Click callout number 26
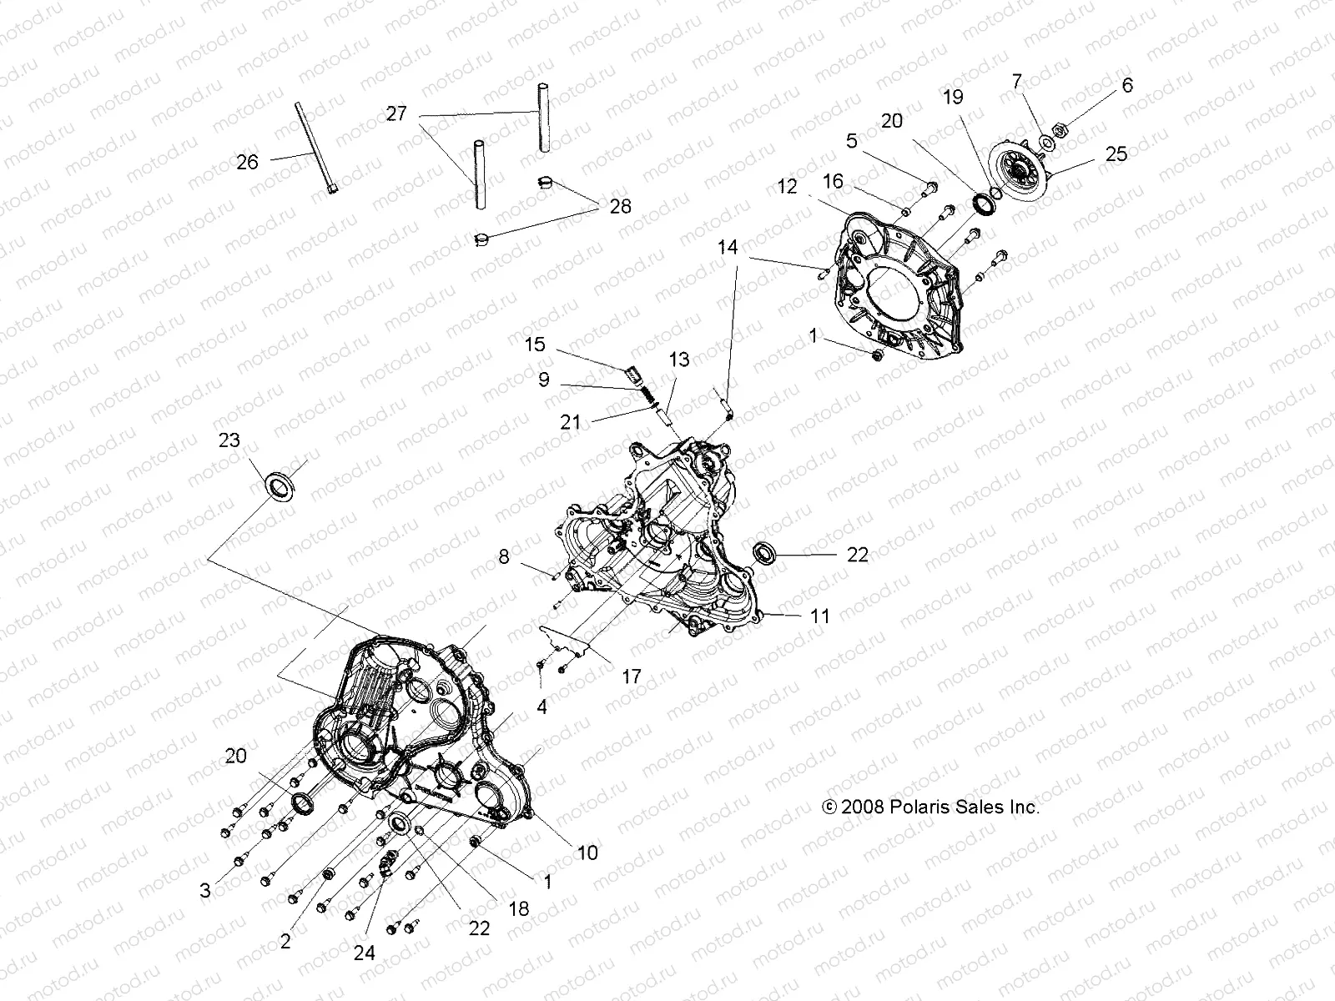tap(247, 162)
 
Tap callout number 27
tap(395, 113)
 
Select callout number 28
tap(620, 206)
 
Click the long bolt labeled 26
tap(325, 147)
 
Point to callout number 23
tap(229, 440)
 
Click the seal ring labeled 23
tap(278, 484)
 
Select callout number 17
tap(632, 677)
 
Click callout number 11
tap(820, 616)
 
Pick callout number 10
tap(587, 853)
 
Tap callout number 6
tap(1127, 85)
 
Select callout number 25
tap(1116, 154)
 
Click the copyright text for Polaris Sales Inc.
tap(930, 807)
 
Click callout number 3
tap(205, 890)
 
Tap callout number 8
tap(504, 556)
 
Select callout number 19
tap(953, 98)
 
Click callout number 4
tap(542, 707)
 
